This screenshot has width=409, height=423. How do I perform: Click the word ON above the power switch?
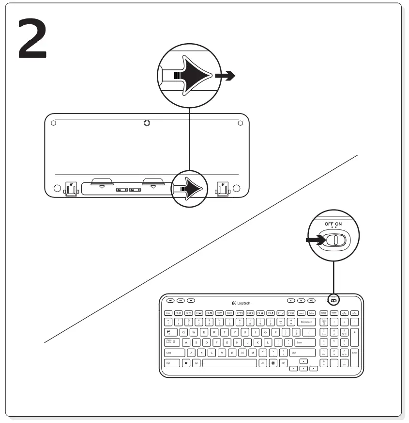338,224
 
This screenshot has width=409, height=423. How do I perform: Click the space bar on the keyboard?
229,363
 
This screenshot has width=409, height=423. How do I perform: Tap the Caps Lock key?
170,342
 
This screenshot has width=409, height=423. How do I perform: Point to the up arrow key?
303,361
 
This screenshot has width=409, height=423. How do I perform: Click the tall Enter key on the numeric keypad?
354,353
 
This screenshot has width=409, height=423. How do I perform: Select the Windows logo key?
186,363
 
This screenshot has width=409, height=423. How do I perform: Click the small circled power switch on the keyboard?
333,300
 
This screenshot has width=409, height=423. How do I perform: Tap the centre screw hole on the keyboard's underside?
147,123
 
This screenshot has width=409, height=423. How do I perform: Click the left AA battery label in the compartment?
121,190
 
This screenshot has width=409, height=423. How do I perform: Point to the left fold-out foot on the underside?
71,188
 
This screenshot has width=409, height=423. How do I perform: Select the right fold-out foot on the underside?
223,188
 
